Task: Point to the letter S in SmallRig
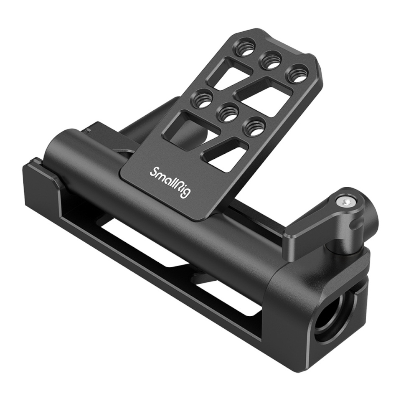tap(153, 171)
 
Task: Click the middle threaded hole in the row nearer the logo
tap(228, 112)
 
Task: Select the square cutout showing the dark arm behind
tap(188, 129)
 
